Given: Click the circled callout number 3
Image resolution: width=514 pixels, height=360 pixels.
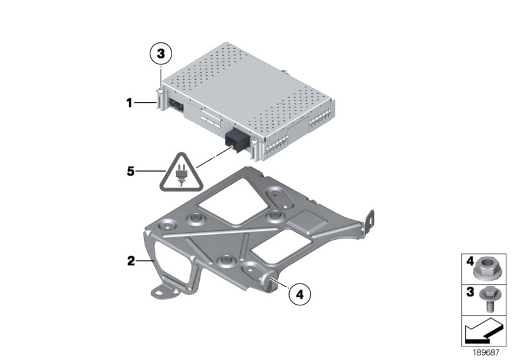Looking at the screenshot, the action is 161,53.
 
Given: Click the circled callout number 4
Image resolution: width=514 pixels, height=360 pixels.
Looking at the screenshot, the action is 299,294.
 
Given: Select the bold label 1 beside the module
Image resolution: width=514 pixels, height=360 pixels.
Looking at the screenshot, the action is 130,103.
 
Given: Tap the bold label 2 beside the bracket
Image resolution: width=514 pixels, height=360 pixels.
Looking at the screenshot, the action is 131,261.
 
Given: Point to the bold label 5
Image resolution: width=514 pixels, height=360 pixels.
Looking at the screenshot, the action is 131,171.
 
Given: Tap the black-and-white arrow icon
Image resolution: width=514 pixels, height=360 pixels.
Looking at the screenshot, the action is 484,331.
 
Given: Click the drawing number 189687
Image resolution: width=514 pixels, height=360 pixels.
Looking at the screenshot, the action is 486,352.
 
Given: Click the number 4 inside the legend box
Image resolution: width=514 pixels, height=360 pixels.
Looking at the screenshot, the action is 470,261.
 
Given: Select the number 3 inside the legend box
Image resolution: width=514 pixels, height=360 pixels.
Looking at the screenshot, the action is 470,291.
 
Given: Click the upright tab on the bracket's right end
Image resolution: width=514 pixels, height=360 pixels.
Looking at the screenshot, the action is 368,222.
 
